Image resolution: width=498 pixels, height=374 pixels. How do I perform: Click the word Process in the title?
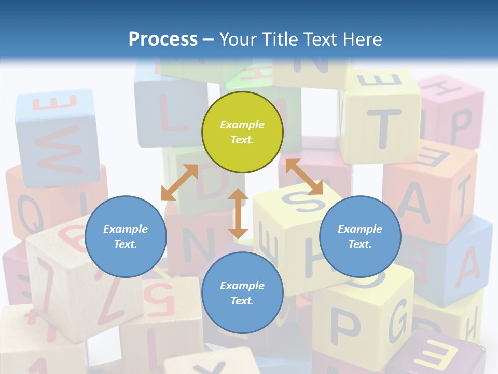click(163, 39)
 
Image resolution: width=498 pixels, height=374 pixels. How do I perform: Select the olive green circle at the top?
click(242, 132)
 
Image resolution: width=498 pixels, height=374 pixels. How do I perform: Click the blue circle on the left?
click(126, 236)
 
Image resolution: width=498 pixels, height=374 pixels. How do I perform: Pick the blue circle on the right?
click(360, 236)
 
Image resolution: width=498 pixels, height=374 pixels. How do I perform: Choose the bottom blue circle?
click(242, 293)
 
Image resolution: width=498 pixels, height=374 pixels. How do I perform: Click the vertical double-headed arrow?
click(238, 213)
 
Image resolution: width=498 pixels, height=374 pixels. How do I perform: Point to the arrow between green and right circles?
click(304, 177)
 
